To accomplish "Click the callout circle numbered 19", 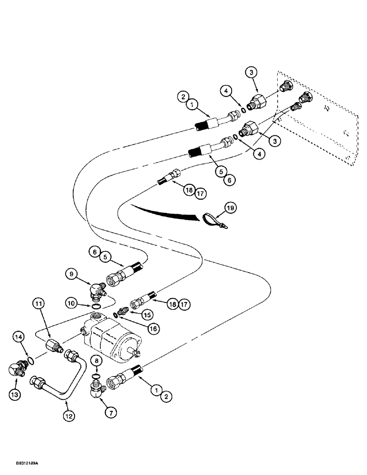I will tap(230, 208).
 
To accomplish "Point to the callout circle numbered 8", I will tap(97, 362).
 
